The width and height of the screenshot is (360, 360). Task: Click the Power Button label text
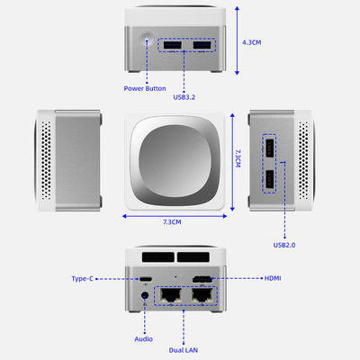(x=145, y=88)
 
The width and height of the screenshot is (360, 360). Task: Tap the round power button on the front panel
(x=147, y=39)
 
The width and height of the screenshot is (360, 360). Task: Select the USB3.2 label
(x=184, y=97)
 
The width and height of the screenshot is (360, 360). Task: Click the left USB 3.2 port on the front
(x=173, y=45)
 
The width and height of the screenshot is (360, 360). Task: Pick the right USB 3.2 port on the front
(x=202, y=45)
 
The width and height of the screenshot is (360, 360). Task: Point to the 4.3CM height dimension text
(x=252, y=42)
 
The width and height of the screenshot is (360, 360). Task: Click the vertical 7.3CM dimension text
(x=238, y=158)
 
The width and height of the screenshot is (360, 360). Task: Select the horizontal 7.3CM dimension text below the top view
(x=172, y=222)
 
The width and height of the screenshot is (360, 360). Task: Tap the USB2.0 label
(x=284, y=245)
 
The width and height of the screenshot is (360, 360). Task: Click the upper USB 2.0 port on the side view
(x=269, y=148)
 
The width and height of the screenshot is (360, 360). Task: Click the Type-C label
(x=83, y=279)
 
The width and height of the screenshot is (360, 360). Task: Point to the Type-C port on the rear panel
(x=146, y=279)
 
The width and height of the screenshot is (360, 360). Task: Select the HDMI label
(x=273, y=278)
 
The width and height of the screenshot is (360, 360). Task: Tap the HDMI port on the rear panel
(x=202, y=279)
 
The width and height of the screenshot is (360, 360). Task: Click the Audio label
(x=143, y=339)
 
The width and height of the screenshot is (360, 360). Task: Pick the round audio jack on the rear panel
(x=145, y=296)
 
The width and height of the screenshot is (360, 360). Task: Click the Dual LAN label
(x=184, y=350)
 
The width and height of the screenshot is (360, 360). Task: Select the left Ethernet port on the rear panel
(x=171, y=295)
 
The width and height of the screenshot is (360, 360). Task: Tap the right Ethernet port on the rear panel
(x=202, y=295)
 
